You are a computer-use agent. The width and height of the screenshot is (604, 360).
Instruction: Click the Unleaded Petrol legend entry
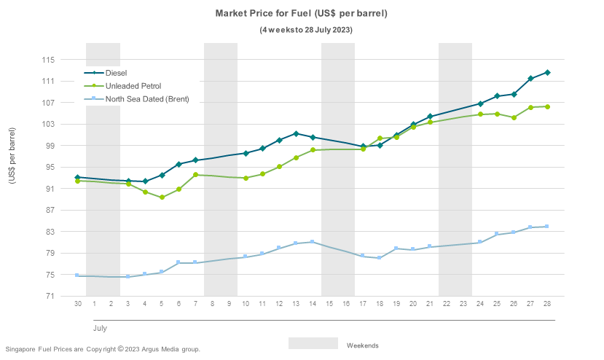point(133,86)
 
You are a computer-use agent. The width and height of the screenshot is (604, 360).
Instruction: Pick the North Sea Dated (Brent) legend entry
point(146,99)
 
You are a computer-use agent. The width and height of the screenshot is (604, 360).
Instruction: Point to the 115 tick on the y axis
point(69,60)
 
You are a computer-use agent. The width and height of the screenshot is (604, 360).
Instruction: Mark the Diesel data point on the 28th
point(547,72)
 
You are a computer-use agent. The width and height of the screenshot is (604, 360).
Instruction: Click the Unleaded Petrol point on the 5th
point(162,197)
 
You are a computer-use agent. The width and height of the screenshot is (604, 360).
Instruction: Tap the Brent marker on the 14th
point(313,242)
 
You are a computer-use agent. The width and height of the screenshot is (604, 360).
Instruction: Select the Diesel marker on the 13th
point(296,133)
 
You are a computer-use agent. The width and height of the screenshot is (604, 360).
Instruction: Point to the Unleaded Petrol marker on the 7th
point(195,175)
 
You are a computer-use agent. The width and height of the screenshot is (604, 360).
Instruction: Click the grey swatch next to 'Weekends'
point(313,343)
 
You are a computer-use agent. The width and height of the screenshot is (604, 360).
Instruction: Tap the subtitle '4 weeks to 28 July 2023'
point(306,30)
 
